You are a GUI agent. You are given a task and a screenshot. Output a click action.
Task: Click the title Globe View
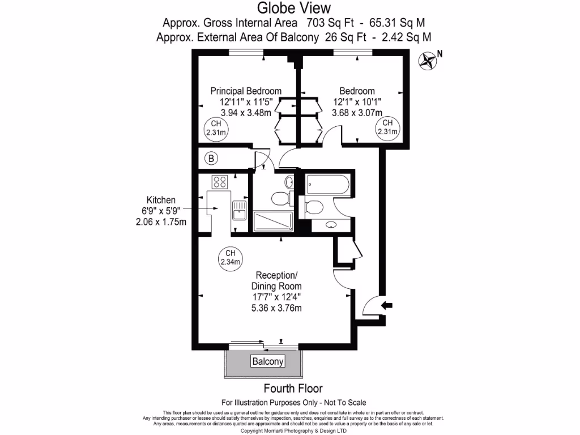pos(292,8)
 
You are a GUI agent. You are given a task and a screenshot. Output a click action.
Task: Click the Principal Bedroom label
pos(246,91)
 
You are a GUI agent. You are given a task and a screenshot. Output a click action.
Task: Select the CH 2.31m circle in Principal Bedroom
pos(216,128)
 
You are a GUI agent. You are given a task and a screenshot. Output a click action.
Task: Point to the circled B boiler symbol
pos(211,159)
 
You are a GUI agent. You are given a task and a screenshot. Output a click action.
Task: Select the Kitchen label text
pos(161,200)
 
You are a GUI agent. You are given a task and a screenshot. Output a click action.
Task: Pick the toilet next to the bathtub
pos(313,208)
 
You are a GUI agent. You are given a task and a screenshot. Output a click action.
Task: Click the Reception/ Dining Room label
pos(276,281)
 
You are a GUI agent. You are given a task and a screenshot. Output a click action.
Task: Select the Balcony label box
pos(267,361)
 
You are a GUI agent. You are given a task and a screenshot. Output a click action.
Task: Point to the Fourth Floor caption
pos(293,389)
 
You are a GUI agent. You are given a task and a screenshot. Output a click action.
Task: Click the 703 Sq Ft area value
pos(329,23)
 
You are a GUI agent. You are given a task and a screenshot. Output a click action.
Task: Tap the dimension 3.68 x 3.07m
pos(357,113)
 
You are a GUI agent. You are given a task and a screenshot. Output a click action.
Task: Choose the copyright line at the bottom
pos(293,430)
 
